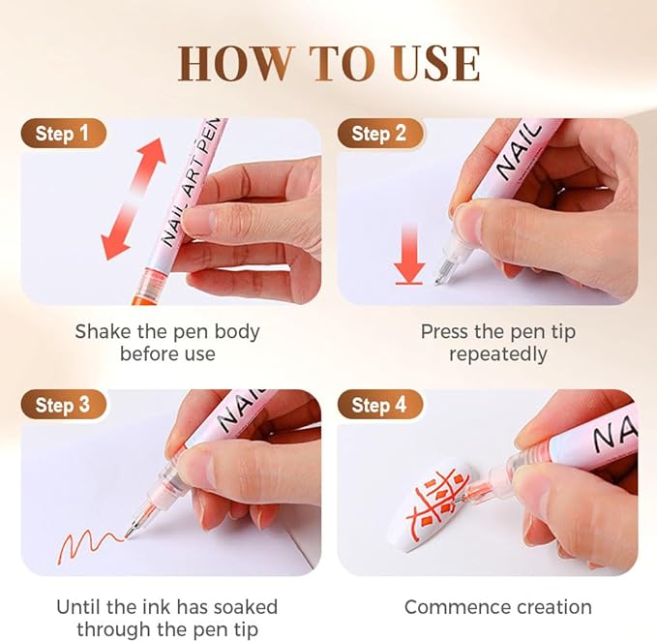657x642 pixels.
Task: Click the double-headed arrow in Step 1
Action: [x=133, y=199]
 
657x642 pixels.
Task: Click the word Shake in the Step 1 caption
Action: [x=105, y=331]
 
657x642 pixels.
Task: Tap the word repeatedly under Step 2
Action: [x=497, y=354]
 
